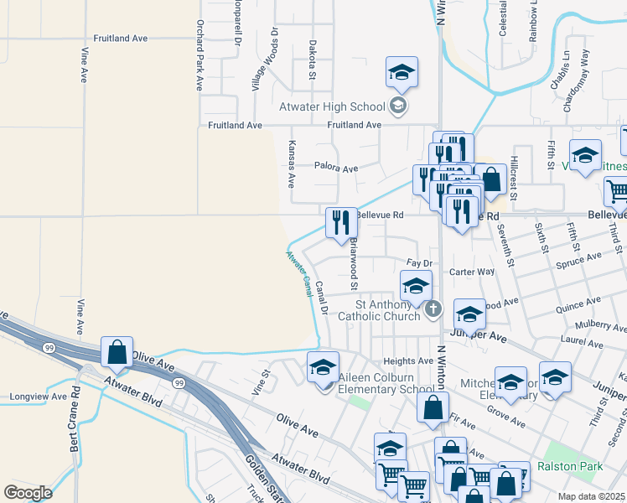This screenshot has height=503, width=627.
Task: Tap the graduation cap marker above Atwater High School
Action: [402, 72]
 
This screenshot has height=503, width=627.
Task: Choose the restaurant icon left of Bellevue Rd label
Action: [341, 224]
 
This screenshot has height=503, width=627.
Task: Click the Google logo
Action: [28, 493]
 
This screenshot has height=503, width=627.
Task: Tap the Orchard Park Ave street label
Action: [200, 55]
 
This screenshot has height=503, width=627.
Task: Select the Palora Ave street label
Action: [336, 169]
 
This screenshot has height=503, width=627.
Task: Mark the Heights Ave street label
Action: [408, 360]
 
